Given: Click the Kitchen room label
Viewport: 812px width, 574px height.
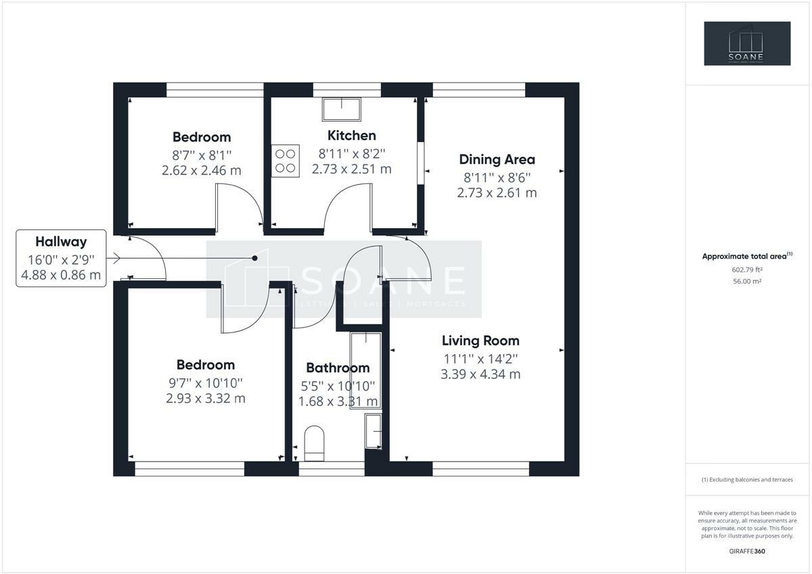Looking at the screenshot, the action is [x=351, y=135].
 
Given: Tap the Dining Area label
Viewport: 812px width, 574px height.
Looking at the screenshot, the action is [x=497, y=160].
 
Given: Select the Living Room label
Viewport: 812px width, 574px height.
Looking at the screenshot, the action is [x=480, y=341].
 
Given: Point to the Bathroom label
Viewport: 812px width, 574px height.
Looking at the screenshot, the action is [x=338, y=368].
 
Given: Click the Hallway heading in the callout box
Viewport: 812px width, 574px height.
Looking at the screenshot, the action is [x=61, y=242].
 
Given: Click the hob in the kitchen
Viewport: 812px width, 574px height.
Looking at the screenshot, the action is [x=286, y=161].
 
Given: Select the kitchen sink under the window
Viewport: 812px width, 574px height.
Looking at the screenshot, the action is [x=342, y=109].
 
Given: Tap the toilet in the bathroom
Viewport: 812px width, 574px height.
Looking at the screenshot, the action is [x=314, y=443].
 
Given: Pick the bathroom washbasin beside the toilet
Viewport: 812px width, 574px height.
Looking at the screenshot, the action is [x=374, y=431].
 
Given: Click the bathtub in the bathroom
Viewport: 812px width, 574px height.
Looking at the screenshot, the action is [x=366, y=370].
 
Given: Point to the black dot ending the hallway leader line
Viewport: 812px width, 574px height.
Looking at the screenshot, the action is [x=255, y=258].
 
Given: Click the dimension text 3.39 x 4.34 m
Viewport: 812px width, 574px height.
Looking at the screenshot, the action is [x=480, y=374].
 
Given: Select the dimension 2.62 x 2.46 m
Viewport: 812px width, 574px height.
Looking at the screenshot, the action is [x=201, y=171].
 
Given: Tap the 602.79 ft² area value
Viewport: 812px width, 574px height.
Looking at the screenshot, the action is [x=746, y=270].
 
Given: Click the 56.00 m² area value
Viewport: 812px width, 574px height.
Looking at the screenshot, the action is [x=747, y=282].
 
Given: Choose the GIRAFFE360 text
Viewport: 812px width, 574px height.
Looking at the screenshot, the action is [x=747, y=552].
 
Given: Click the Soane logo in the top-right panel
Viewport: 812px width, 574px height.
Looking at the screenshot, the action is [x=747, y=43].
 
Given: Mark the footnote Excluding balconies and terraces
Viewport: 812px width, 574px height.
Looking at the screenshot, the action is [x=747, y=480].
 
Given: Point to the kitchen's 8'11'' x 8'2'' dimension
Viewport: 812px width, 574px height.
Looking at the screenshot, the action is [x=351, y=154].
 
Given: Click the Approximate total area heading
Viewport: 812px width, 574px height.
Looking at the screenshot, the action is [x=747, y=256].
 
